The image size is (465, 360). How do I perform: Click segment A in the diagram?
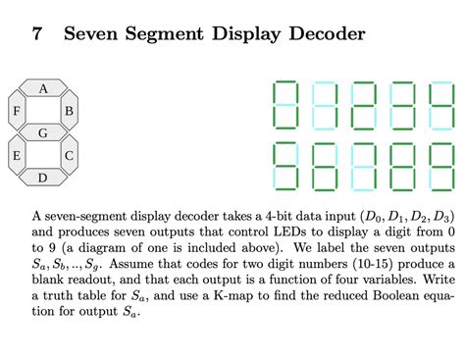pyautogui.click(x=43, y=89)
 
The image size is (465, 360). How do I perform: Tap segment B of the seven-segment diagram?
pyautogui.click(x=69, y=111)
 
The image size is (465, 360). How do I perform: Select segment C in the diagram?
pyautogui.click(x=69, y=155)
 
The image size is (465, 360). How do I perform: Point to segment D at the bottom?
pyautogui.click(x=42, y=178)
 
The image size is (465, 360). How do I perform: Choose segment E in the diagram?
pyautogui.click(x=17, y=155)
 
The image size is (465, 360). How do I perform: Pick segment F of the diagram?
pyautogui.click(x=17, y=111)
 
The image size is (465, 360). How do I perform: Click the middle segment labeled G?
pyautogui.click(x=43, y=132)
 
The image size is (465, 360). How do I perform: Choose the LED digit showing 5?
pyautogui.click(x=285, y=166)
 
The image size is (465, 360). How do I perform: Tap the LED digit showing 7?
pyautogui.click(x=364, y=166)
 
